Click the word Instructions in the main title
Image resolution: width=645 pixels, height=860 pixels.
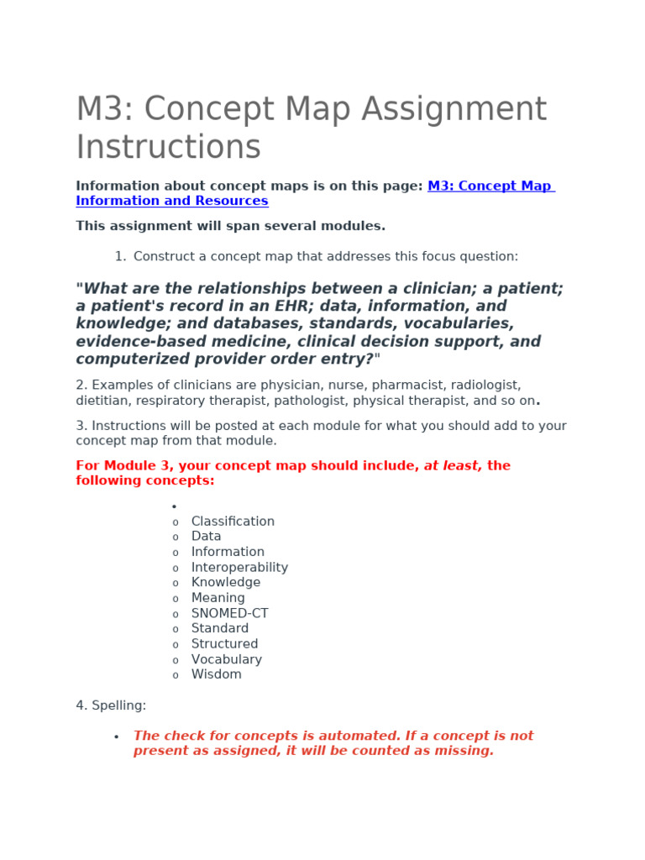click(168, 147)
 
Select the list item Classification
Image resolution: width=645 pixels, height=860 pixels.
click(233, 522)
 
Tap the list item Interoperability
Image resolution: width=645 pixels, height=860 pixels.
click(239, 568)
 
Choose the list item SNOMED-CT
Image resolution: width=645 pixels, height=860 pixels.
click(229, 614)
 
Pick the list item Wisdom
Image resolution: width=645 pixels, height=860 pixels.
click(216, 674)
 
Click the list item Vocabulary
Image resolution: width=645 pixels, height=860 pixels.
click(226, 659)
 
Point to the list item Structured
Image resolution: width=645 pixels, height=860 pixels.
click(224, 644)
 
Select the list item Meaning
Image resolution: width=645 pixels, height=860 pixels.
click(218, 598)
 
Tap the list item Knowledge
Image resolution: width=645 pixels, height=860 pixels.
click(225, 583)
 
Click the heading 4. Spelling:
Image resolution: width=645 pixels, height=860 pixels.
click(111, 705)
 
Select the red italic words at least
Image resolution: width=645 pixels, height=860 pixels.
click(453, 465)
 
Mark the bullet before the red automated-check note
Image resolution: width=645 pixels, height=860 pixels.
click(116, 737)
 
